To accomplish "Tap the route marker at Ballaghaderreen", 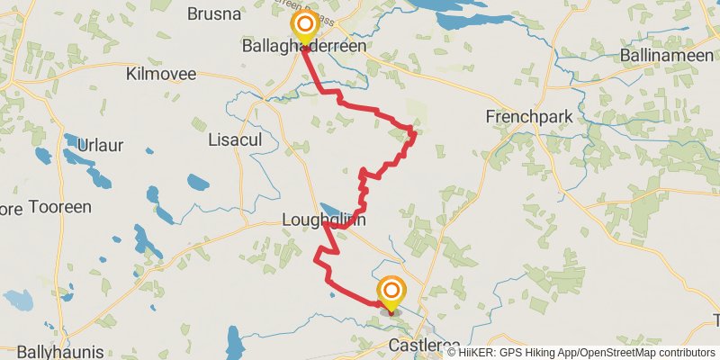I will tap(305, 24).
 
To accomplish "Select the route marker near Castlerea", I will tap(391, 290).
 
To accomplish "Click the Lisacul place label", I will tap(234, 139).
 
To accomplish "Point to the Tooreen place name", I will tap(60, 207).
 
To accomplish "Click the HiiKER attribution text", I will tap(486, 352).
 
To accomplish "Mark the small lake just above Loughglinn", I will tap(331, 208).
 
